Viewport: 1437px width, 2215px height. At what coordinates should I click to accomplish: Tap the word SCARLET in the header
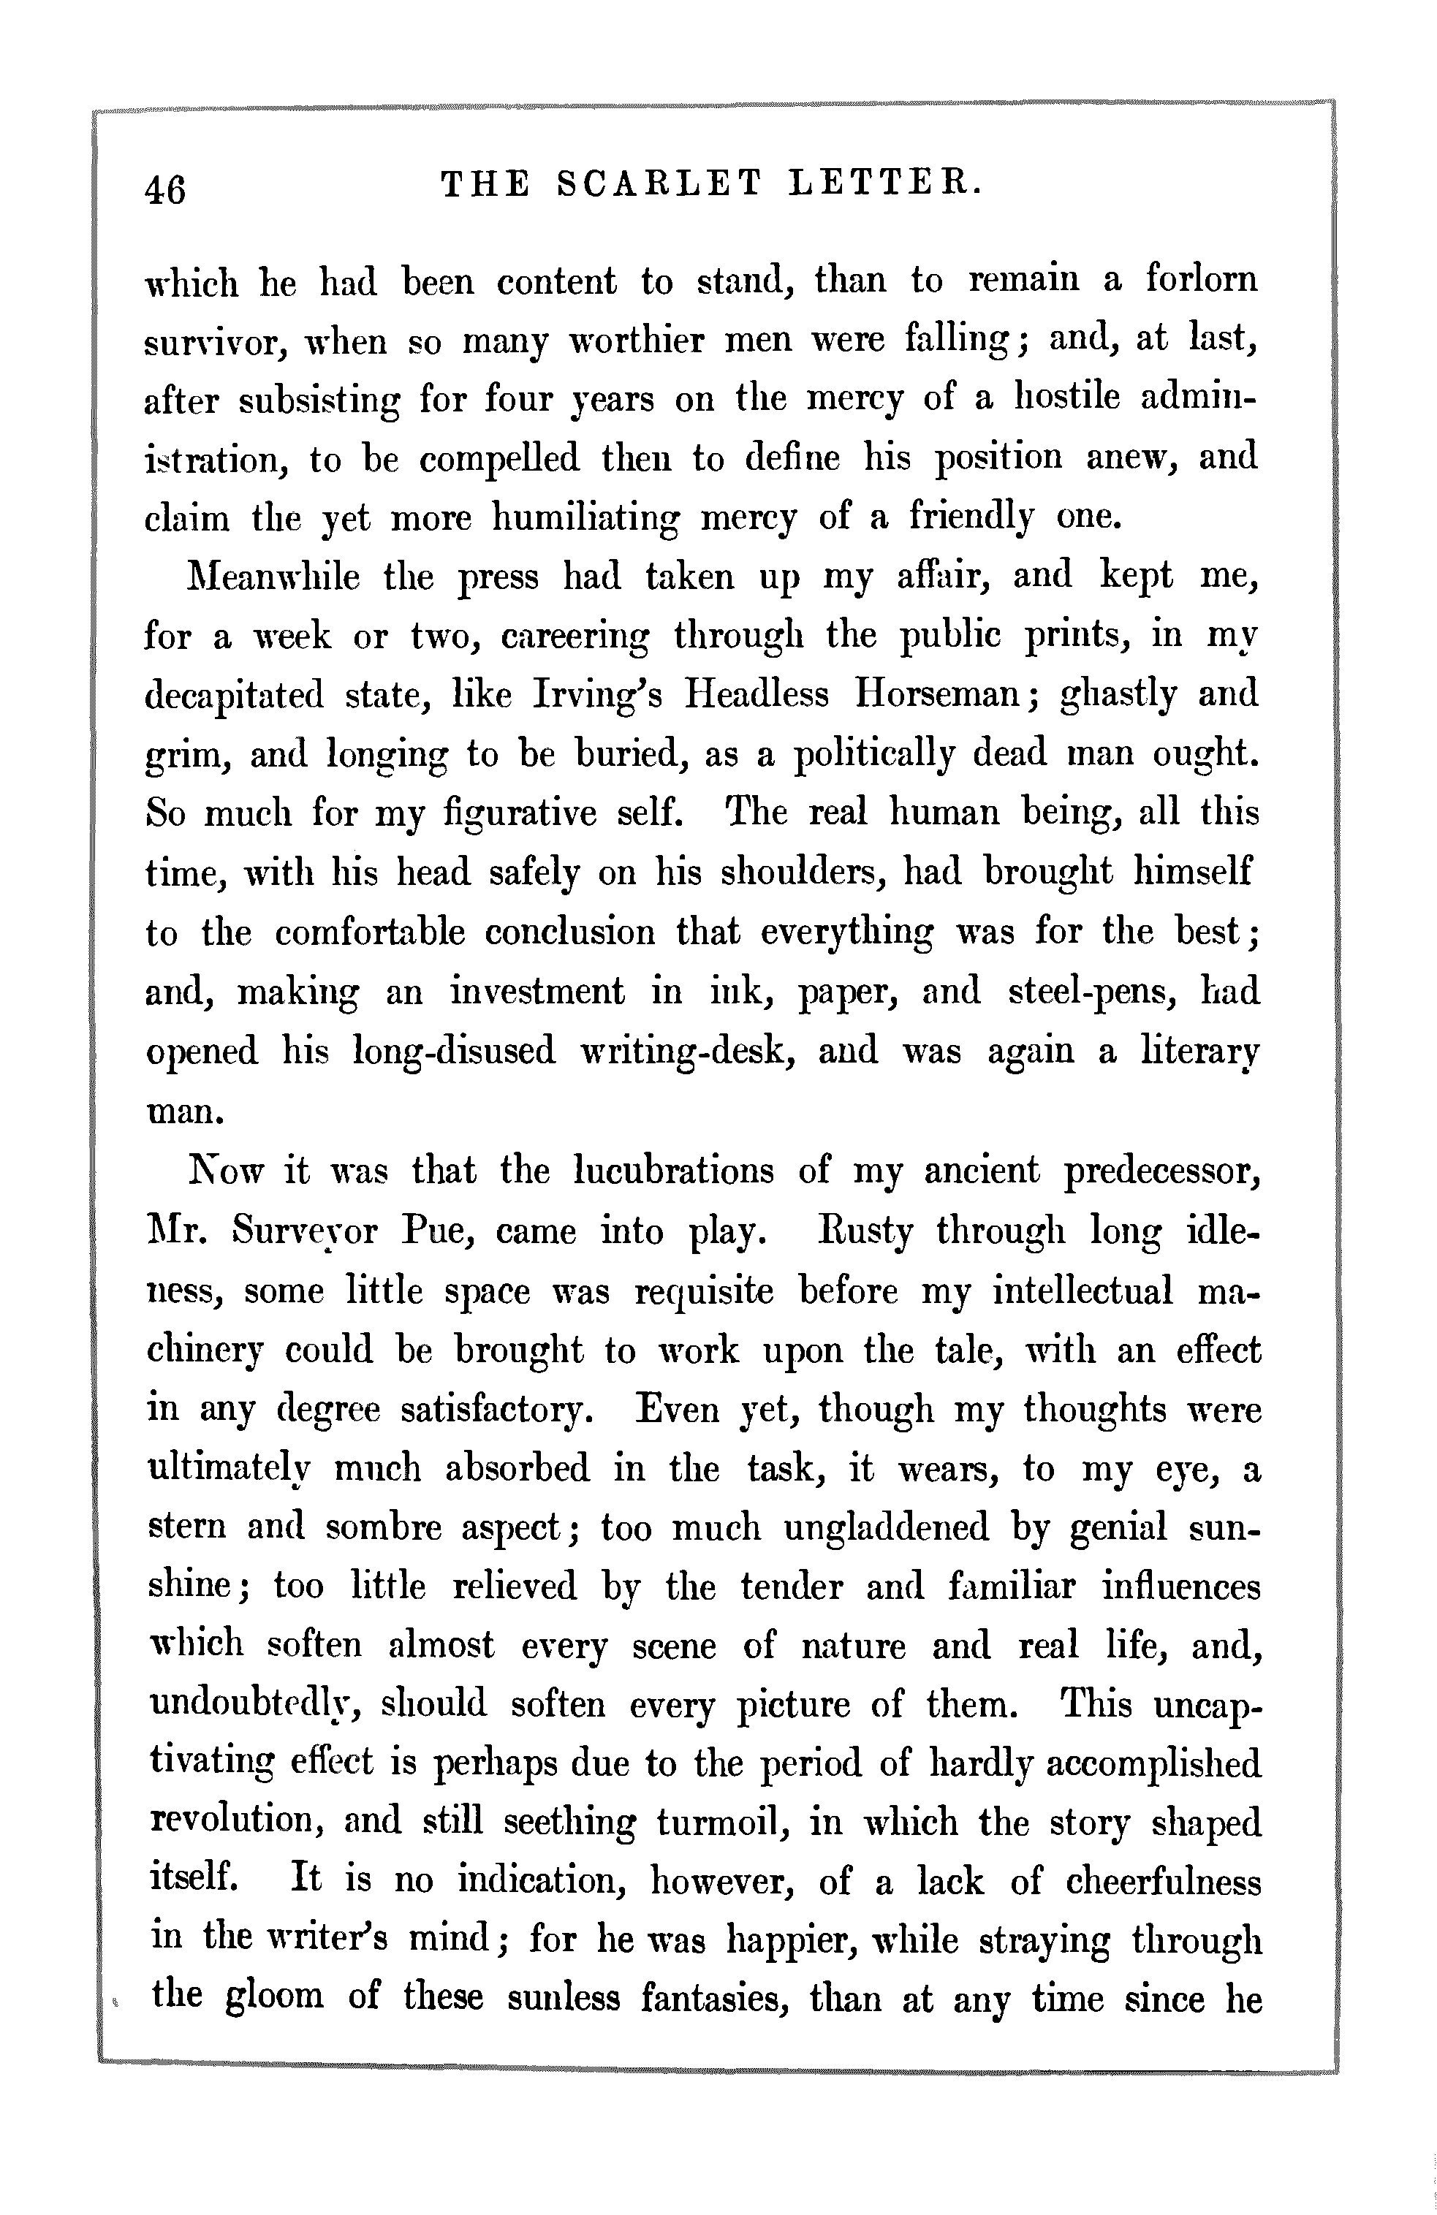coord(657,184)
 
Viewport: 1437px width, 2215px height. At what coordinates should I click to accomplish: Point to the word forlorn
coord(1201,280)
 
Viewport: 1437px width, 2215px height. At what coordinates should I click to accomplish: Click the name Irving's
coord(596,695)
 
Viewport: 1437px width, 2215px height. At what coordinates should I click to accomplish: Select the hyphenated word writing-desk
coord(683,1052)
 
